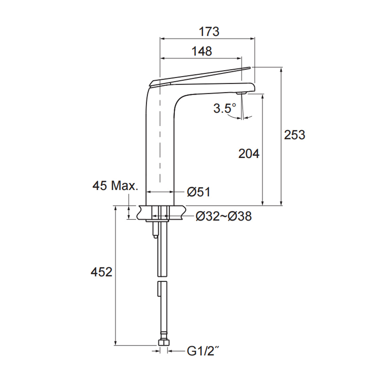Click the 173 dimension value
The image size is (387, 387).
click(209, 32)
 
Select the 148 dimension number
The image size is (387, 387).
click(202, 51)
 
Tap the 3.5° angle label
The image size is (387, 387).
click(224, 108)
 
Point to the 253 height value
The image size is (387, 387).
click(294, 135)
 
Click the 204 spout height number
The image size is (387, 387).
click(249, 154)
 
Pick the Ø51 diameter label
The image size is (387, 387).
click(199, 192)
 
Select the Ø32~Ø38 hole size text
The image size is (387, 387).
click(223, 216)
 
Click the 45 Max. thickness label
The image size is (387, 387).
click(115, 186)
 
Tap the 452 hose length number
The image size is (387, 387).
click(101, 272)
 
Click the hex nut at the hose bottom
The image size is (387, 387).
click(163, 343)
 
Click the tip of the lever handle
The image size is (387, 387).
click(248, 68)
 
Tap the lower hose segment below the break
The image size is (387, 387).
click(162, 310)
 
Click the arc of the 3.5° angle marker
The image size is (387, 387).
click(237, 118)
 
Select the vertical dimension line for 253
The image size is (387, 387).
click(282, 135)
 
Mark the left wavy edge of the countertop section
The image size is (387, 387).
click(139, 213)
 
